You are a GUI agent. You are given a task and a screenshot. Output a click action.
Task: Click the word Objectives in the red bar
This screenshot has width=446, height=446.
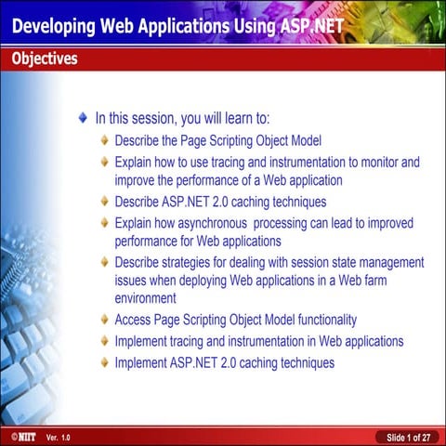pos(45,59)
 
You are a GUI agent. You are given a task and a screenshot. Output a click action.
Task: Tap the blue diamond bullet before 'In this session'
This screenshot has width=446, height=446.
pos(85,119)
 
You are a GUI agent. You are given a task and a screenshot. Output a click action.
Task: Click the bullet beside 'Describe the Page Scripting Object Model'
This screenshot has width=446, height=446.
pos(105,141)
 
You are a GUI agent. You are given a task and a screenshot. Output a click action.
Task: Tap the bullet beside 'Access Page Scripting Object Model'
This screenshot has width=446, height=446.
pos(105,321)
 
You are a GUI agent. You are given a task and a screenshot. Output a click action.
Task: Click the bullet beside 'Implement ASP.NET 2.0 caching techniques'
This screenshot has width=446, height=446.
pos(105,362)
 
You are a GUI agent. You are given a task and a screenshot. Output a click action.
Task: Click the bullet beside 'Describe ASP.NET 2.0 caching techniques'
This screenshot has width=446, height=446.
pos(105,201)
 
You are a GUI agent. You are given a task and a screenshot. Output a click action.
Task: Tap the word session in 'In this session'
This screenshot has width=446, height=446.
pos(159,119)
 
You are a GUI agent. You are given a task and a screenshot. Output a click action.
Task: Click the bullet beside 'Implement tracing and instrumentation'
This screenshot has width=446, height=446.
pos(105,342)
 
